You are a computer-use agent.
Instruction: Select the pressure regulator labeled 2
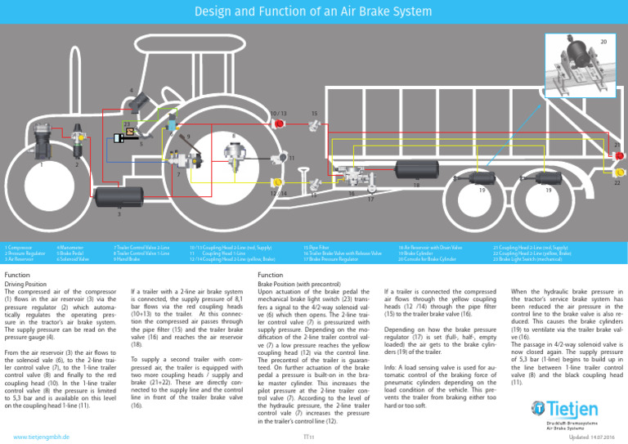(x=79, y=144)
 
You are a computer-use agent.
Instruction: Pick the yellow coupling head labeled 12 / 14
(x=279, y=182)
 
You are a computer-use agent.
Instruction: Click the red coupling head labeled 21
(x=619, y=155)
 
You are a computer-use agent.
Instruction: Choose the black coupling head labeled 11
(x=280, y=157)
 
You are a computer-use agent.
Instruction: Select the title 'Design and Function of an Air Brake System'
(x=313, y=11)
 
